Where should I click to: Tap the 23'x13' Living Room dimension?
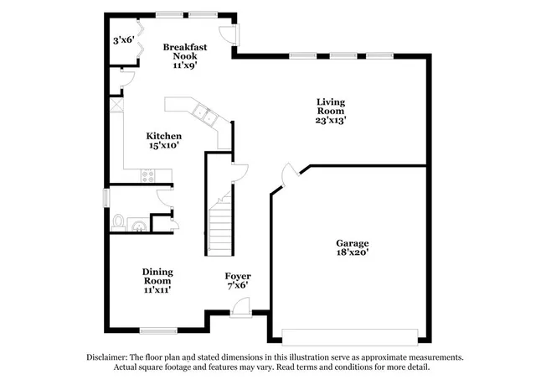point(330,120)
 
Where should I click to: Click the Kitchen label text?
point(164,136)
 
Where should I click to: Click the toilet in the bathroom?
point(118,223)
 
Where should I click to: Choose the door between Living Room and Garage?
point(288,174)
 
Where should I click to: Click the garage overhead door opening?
point(350,336)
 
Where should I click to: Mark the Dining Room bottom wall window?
point(157,330)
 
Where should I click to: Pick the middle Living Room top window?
point(343,56)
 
